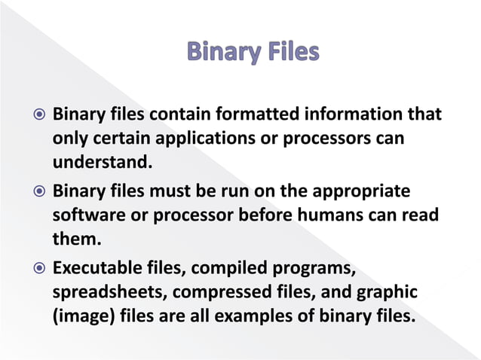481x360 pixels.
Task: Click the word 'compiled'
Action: click(222, 269)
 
